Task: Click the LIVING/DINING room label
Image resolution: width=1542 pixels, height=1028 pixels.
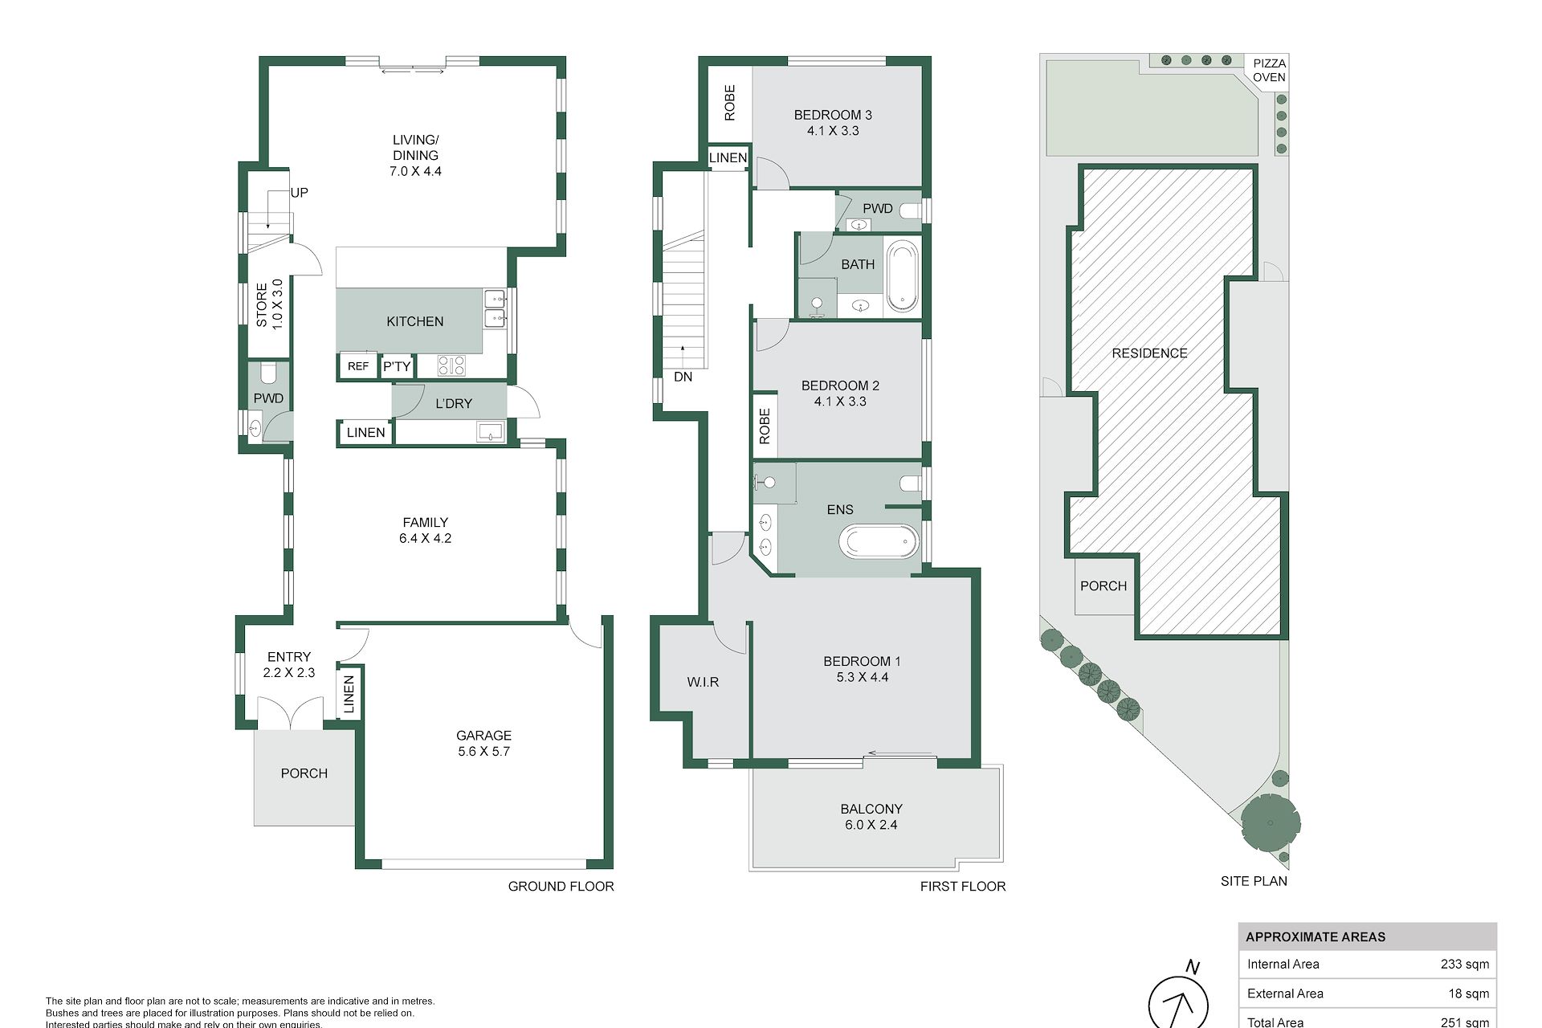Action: pyautogui.click(x=415, y=155)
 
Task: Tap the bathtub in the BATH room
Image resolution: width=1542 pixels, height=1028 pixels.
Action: pyautogui.click(x=902, y=275)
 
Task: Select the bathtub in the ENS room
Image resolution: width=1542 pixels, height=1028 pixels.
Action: pyautogui.click(x=879, y=541)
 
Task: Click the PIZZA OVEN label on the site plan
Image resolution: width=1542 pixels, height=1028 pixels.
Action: pyautogui.click(x=1269, y=70)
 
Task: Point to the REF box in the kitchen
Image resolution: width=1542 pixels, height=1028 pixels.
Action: pyautogui.click(x=358, y=365)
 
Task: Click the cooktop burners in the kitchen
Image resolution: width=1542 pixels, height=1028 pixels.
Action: pyautogui.click(x=451, y=365)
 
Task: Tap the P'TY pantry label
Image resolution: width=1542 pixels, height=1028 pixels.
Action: pyautogui.click(x=397, y=366)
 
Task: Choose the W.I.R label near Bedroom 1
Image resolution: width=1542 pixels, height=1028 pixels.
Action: pyautogui.click(x=703, y=682)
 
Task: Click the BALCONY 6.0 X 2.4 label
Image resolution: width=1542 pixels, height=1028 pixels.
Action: pyautogui.click(x=871, y=817)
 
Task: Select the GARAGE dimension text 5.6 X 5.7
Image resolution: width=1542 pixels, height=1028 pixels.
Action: pyautogui.click(x=483, y=751)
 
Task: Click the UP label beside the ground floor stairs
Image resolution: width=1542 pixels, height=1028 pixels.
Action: pyautogui.click(x=299, y=193)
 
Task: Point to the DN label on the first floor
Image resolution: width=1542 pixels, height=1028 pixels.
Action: pyautogui.click(x=683, y=377)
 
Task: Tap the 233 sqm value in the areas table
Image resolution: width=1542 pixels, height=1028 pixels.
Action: pyautogui.click(x=1465, y=964)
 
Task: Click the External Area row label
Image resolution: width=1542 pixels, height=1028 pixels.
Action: pyautogui.click(x=1285, y=993)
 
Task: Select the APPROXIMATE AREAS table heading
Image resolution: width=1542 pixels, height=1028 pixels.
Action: pyautogui.click(x=1316, y=936)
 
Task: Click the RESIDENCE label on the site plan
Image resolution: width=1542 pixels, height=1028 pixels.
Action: pyautogui.click(x=1149, y=353)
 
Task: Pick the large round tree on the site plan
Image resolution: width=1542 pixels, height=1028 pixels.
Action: pyautogui.click(x=1271, y=823)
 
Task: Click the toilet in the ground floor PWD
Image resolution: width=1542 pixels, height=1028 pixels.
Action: pyautogui.click(x=268, y=373)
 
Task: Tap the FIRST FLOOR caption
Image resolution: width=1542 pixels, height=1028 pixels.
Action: pyautogui.click(x=963, y=886)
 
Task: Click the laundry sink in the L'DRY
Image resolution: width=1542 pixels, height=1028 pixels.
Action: pyautogui.click(x=489, y=433)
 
